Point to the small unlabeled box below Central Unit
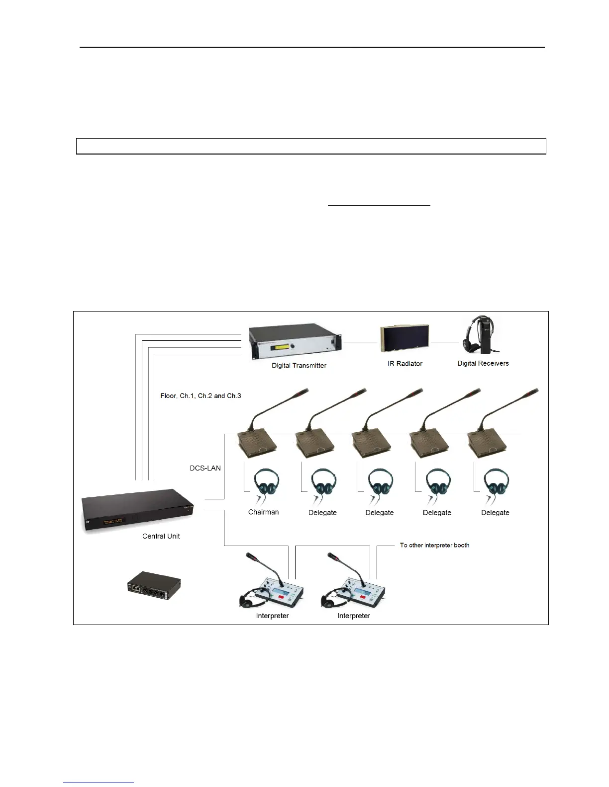153,588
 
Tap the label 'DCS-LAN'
205,468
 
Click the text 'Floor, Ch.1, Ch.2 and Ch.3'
201,396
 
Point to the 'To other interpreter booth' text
434,545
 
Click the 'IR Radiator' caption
405,364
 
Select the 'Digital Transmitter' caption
299,366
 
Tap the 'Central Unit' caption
161,536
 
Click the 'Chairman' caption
263,512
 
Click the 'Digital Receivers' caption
483,363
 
